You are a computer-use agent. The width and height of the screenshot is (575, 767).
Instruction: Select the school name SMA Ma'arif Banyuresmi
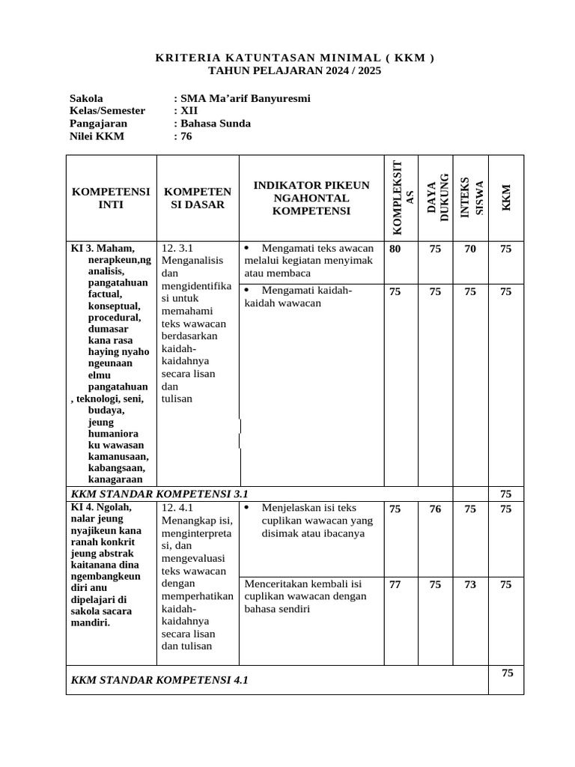(241, 98)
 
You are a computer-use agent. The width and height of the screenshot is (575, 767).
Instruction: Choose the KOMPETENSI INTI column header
(111, 198)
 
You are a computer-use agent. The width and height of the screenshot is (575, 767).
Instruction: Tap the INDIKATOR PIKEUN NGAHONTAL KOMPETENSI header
(311, 198)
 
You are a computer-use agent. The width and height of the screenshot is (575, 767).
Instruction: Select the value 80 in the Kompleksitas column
(395, 249)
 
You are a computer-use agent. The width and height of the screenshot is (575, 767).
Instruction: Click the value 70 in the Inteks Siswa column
(470, 249)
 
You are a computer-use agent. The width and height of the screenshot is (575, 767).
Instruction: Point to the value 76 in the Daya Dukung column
(435, 509)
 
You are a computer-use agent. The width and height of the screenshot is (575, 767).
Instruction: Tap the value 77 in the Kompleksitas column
(395, 585)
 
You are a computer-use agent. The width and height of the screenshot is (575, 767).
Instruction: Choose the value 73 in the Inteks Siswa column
(470, 585)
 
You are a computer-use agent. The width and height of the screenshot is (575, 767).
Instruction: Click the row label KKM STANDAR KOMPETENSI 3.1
(159, 494)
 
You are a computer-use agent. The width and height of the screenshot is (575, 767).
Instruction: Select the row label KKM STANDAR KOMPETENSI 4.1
(159, 680)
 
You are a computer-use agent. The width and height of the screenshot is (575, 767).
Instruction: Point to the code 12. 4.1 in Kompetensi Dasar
(177, 508)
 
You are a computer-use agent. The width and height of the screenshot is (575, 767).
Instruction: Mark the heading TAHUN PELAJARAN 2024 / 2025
(294, 71)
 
